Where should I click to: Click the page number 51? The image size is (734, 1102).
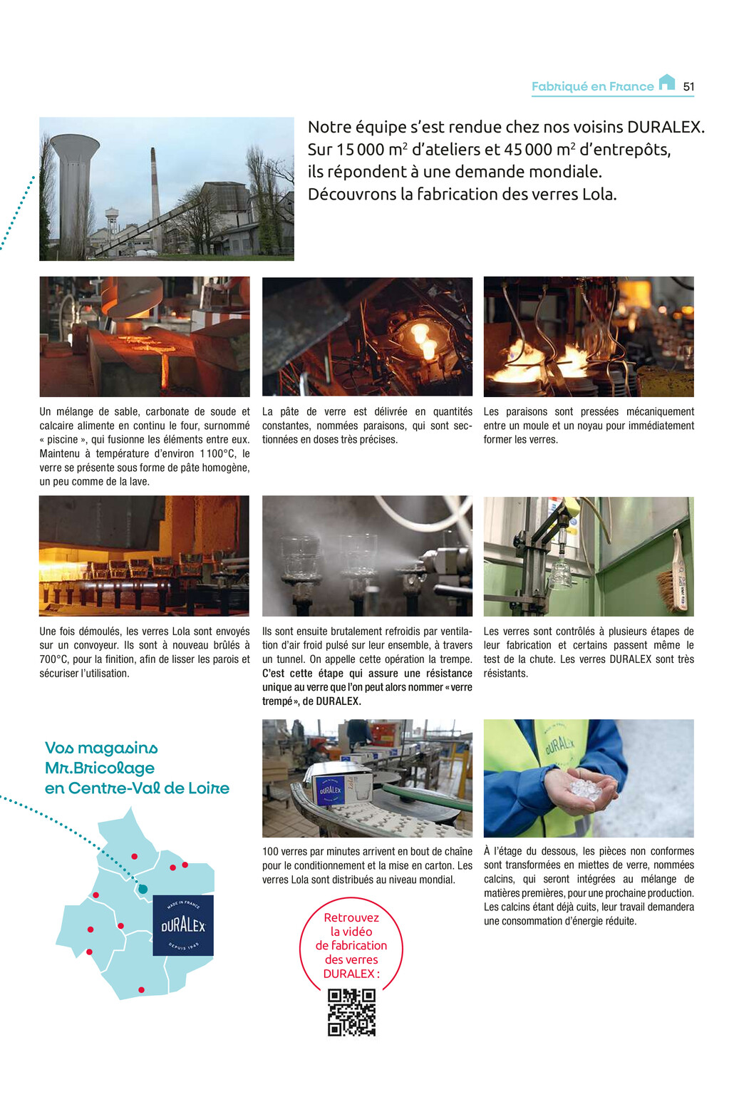(688, 86)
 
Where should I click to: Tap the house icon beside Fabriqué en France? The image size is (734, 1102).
(666, 82)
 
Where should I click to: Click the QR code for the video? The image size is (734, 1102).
(351, 1011)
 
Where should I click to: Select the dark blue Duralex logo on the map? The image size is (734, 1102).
(183, 925)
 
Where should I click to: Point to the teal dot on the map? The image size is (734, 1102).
(143, 889)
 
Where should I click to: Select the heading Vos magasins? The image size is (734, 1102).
(101, 748)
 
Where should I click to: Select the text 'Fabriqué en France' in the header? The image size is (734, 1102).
(592, 86)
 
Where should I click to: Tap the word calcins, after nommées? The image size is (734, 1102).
(498, 879)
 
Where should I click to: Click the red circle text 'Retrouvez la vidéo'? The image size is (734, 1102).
(351, 925)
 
